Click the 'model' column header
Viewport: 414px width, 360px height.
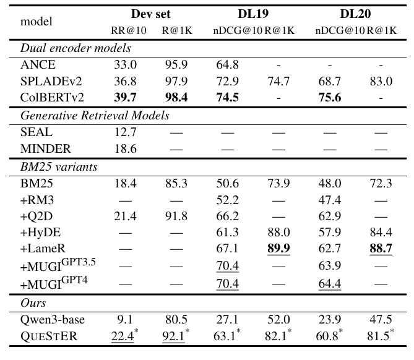pos(37,20)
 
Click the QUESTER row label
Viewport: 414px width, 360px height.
pos(47,336)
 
